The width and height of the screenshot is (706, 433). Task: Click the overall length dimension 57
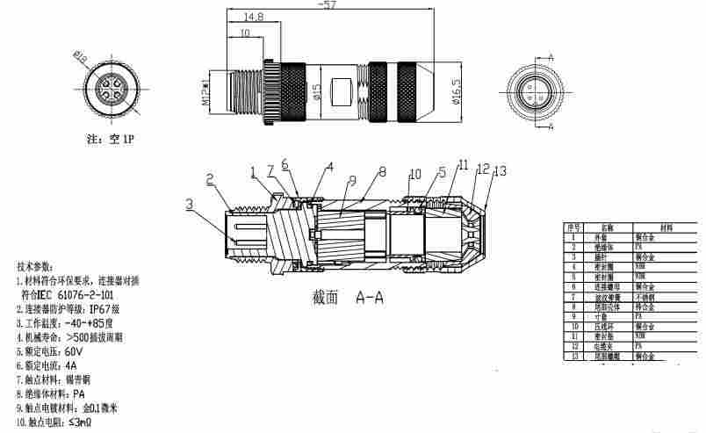(x=328, y=5)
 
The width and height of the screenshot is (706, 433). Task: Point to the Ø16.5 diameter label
(x=456, y=90)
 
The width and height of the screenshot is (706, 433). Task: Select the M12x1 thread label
(x=205, y=91)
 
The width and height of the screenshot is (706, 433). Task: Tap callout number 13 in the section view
(x=501, y=171)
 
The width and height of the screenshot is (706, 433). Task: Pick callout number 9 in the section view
(x=350, y=182)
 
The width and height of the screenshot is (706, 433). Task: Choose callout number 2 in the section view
(x=210, y=179)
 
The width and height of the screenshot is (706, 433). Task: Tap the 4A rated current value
(x=71, y=364)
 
